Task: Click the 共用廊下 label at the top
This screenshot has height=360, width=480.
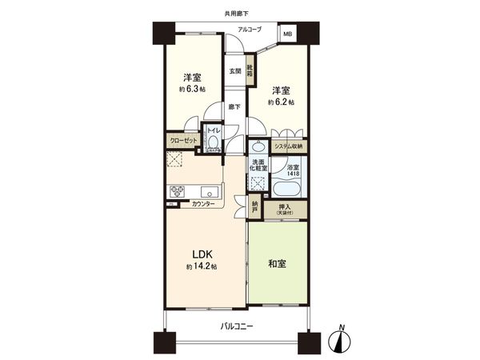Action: click(236, 13)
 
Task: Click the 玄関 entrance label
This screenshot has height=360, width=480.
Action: click(235, 71)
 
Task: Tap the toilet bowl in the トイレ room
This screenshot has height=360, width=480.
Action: click(213, 145)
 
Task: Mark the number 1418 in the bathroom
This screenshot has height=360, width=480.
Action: click(294, 174)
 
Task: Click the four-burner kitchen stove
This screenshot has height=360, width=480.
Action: click(177, 191)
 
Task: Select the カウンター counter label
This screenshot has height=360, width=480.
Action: click(203, 205)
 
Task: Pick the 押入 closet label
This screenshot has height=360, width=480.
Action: click(285, 210)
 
